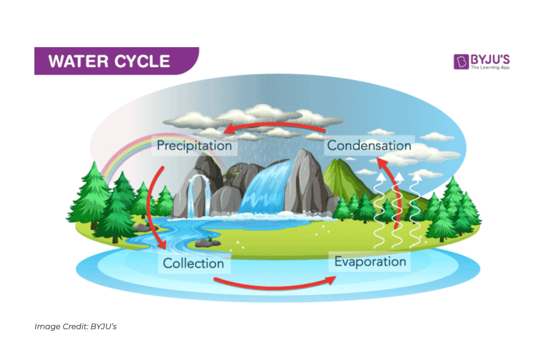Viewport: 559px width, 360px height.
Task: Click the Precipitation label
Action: click(x=194, y=146)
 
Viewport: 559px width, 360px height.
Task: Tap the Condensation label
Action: click(x=369, y=145)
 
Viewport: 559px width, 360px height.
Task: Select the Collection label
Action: click(x=193, y=263)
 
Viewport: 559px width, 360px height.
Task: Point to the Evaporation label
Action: click(x=370, y=262)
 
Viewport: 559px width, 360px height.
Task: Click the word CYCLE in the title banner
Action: click(x=144, y=61)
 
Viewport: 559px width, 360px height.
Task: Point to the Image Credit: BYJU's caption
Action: click(x=75, y=327)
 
